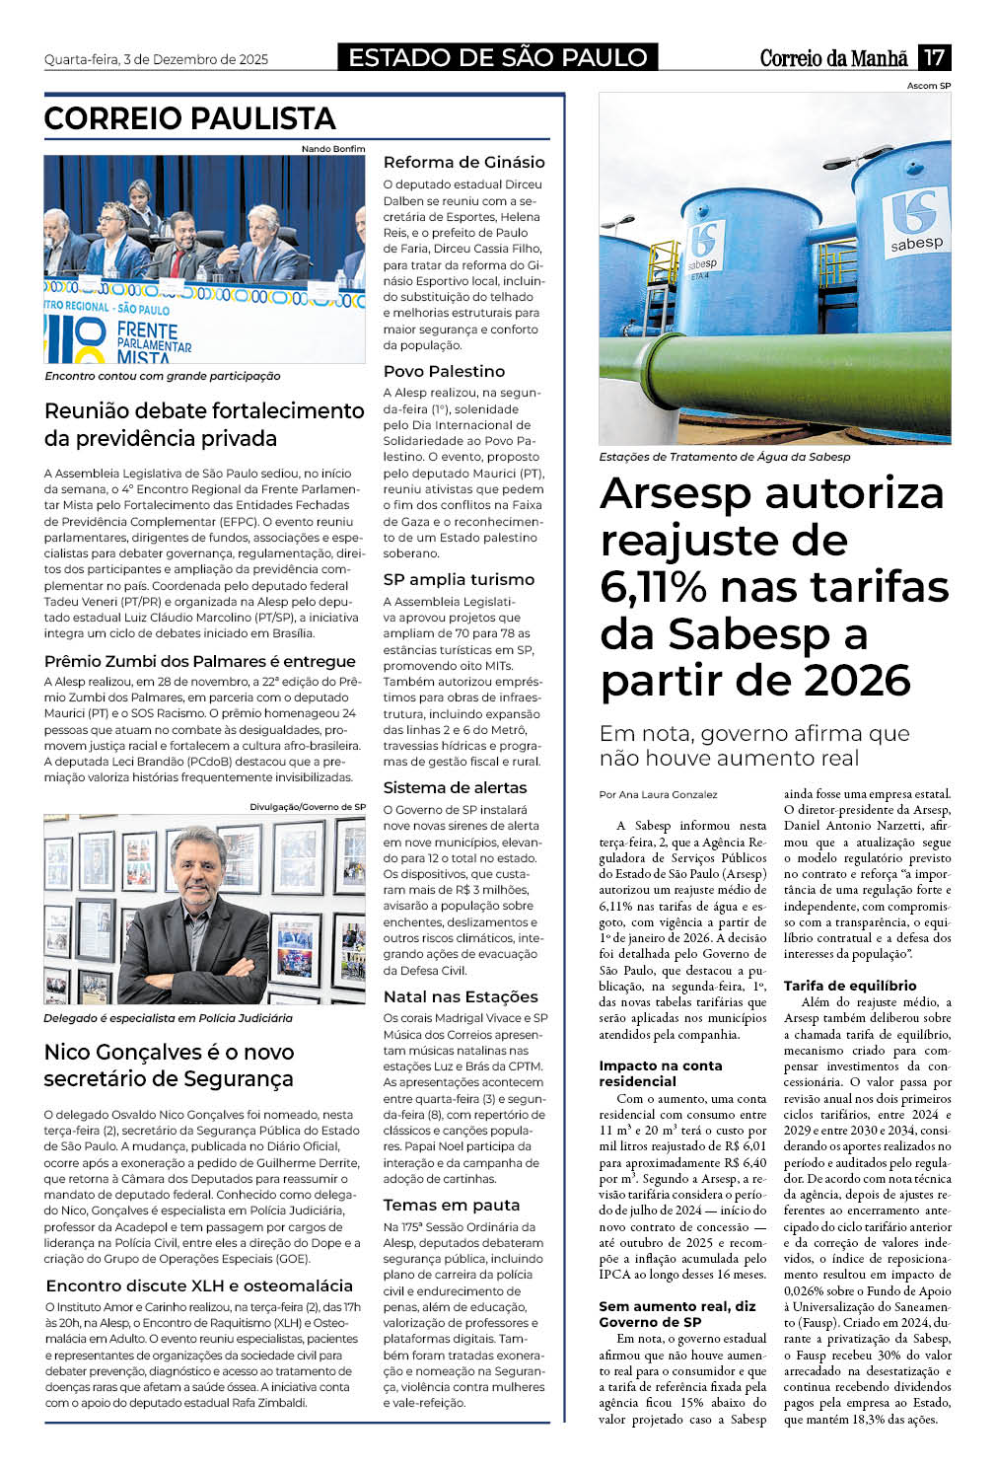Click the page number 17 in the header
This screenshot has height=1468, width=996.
coord(933,57)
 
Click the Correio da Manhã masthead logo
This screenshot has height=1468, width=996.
coord(833,58)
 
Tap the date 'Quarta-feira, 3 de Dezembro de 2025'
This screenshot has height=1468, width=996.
coord(156,59)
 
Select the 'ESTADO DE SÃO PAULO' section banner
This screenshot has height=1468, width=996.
coord(498,57)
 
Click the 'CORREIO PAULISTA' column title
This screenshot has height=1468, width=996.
coord(190,119)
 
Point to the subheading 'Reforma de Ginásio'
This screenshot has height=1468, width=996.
coord(463,162)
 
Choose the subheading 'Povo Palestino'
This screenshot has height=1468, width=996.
coord(444,371)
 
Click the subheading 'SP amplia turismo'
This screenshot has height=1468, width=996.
coord(459,579)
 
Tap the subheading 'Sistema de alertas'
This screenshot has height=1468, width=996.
coord(455,787)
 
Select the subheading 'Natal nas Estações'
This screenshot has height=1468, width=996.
coord(461,996)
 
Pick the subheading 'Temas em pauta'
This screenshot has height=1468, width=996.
coord(451,1205)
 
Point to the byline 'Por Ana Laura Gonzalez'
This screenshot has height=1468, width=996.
coord(658,794)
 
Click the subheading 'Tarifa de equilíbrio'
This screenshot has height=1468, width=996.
coord(850,986)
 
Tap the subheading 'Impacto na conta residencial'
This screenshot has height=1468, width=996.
coord(660,1073)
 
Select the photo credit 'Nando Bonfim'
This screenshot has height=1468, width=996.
coord(333,149)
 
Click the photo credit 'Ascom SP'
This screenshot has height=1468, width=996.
coord(929,86)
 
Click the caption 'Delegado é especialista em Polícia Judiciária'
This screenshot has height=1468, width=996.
coord(168,1018)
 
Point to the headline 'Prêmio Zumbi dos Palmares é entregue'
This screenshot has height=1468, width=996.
coord(200,661)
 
